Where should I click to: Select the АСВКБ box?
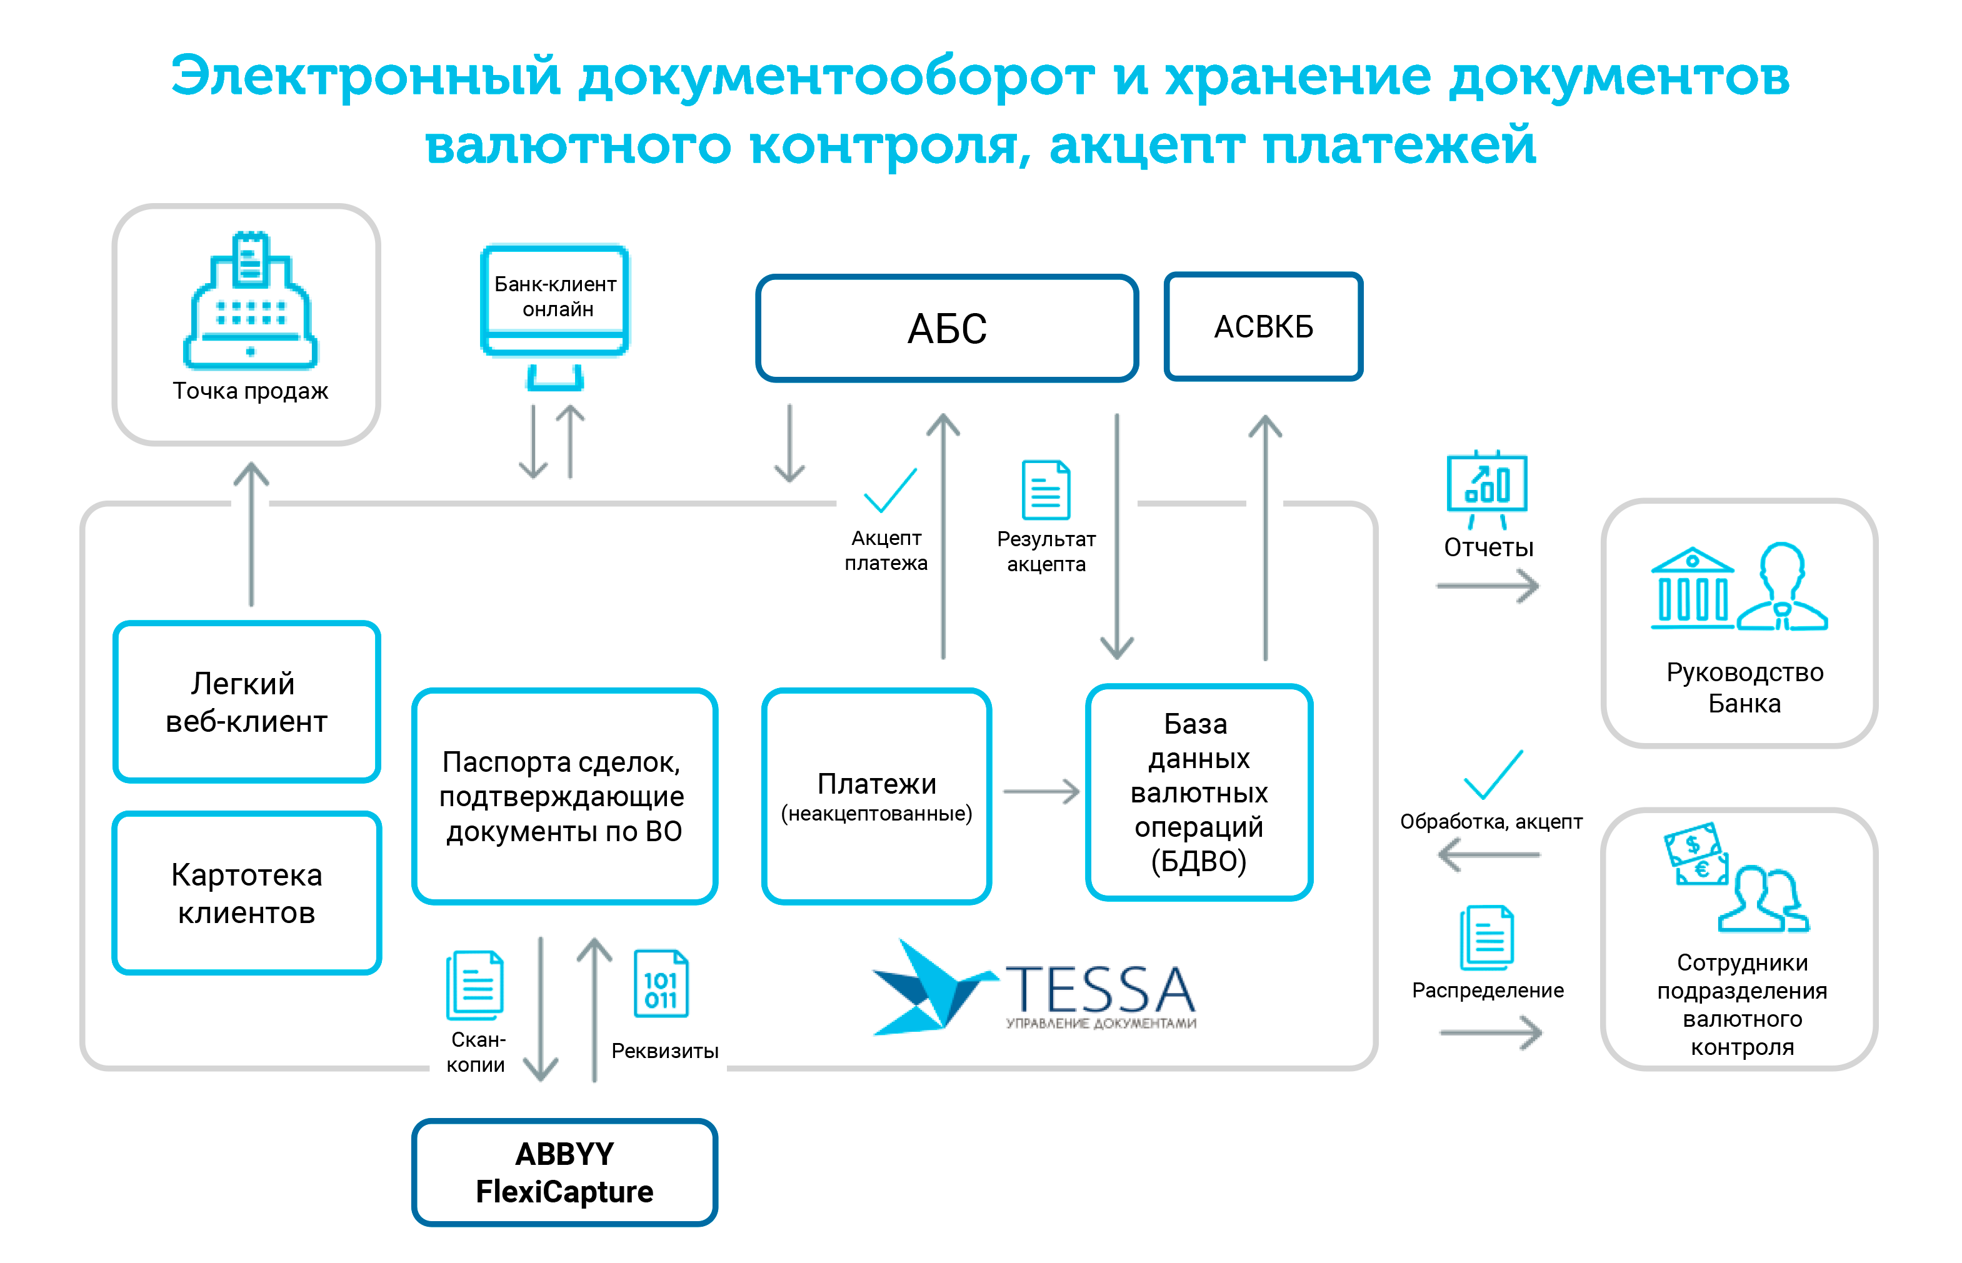click(x=1263, y=326)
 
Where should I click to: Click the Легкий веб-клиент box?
click(x=246, y=701)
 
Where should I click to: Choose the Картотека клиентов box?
click(x=246, y=892)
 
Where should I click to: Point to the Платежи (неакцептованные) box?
click(x=876, y=796)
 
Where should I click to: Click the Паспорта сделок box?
click(x=564, y=796)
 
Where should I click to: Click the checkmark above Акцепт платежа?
click(x=890, y=491)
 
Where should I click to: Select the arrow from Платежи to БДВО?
click(x=1041, y=791)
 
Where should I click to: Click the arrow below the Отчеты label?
click(x=1487, y=586)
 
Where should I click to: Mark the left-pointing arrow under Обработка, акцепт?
click(x=1489, y=856)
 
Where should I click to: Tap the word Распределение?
click(x=1487, y=990)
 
